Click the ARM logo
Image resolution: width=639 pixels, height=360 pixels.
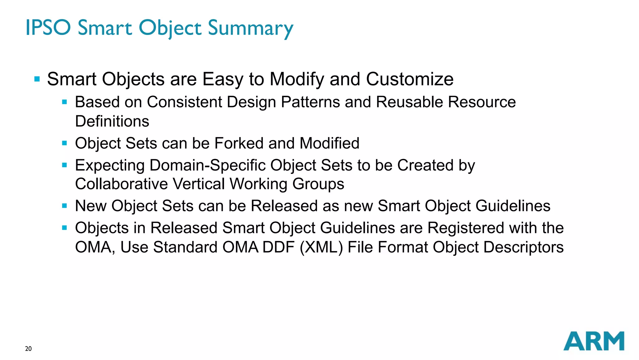click(593, 341)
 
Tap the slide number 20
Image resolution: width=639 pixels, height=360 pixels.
click(28, 349)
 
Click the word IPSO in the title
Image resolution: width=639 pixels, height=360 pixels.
click(48, 27)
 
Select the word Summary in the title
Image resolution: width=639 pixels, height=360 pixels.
click(251, 28)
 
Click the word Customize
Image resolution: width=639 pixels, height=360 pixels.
click(410, 79)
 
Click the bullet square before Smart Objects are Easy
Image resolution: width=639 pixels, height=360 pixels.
click(37, 79)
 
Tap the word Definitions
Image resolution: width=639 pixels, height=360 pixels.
click(112, 121)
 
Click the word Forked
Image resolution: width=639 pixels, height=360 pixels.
click(239, 143)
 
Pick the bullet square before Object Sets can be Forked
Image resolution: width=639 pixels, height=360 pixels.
click(65, 143)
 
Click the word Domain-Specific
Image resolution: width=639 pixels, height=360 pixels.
click(207, 165)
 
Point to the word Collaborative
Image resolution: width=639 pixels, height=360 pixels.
click(121, 184)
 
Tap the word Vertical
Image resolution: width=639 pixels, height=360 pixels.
click(198, 184)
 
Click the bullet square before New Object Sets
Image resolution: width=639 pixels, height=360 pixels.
click(65, 206)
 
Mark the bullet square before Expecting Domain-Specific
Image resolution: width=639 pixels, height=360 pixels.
click(65, 165)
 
